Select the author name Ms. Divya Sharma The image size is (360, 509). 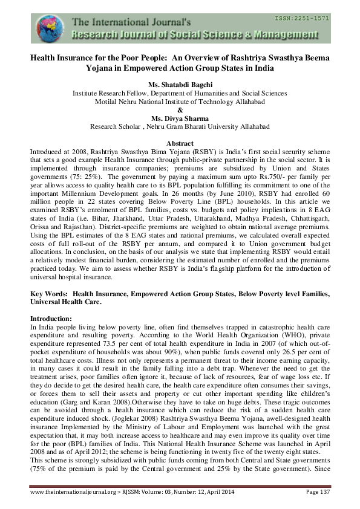[x=180, y=118]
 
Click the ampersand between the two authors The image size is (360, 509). [x=180, y=110]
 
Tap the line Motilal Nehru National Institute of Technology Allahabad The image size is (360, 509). [x=180, y=102]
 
